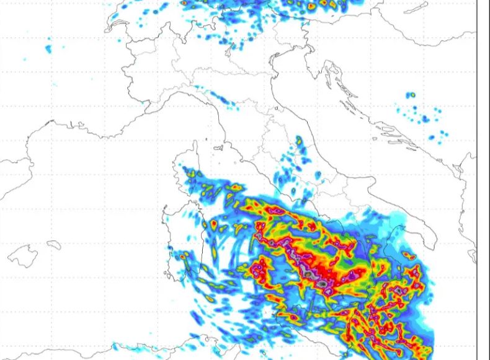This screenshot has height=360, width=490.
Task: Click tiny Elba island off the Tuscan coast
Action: click(x=218, y=149)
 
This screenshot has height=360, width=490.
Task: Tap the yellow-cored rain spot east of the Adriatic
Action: click(x=410, y=95)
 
